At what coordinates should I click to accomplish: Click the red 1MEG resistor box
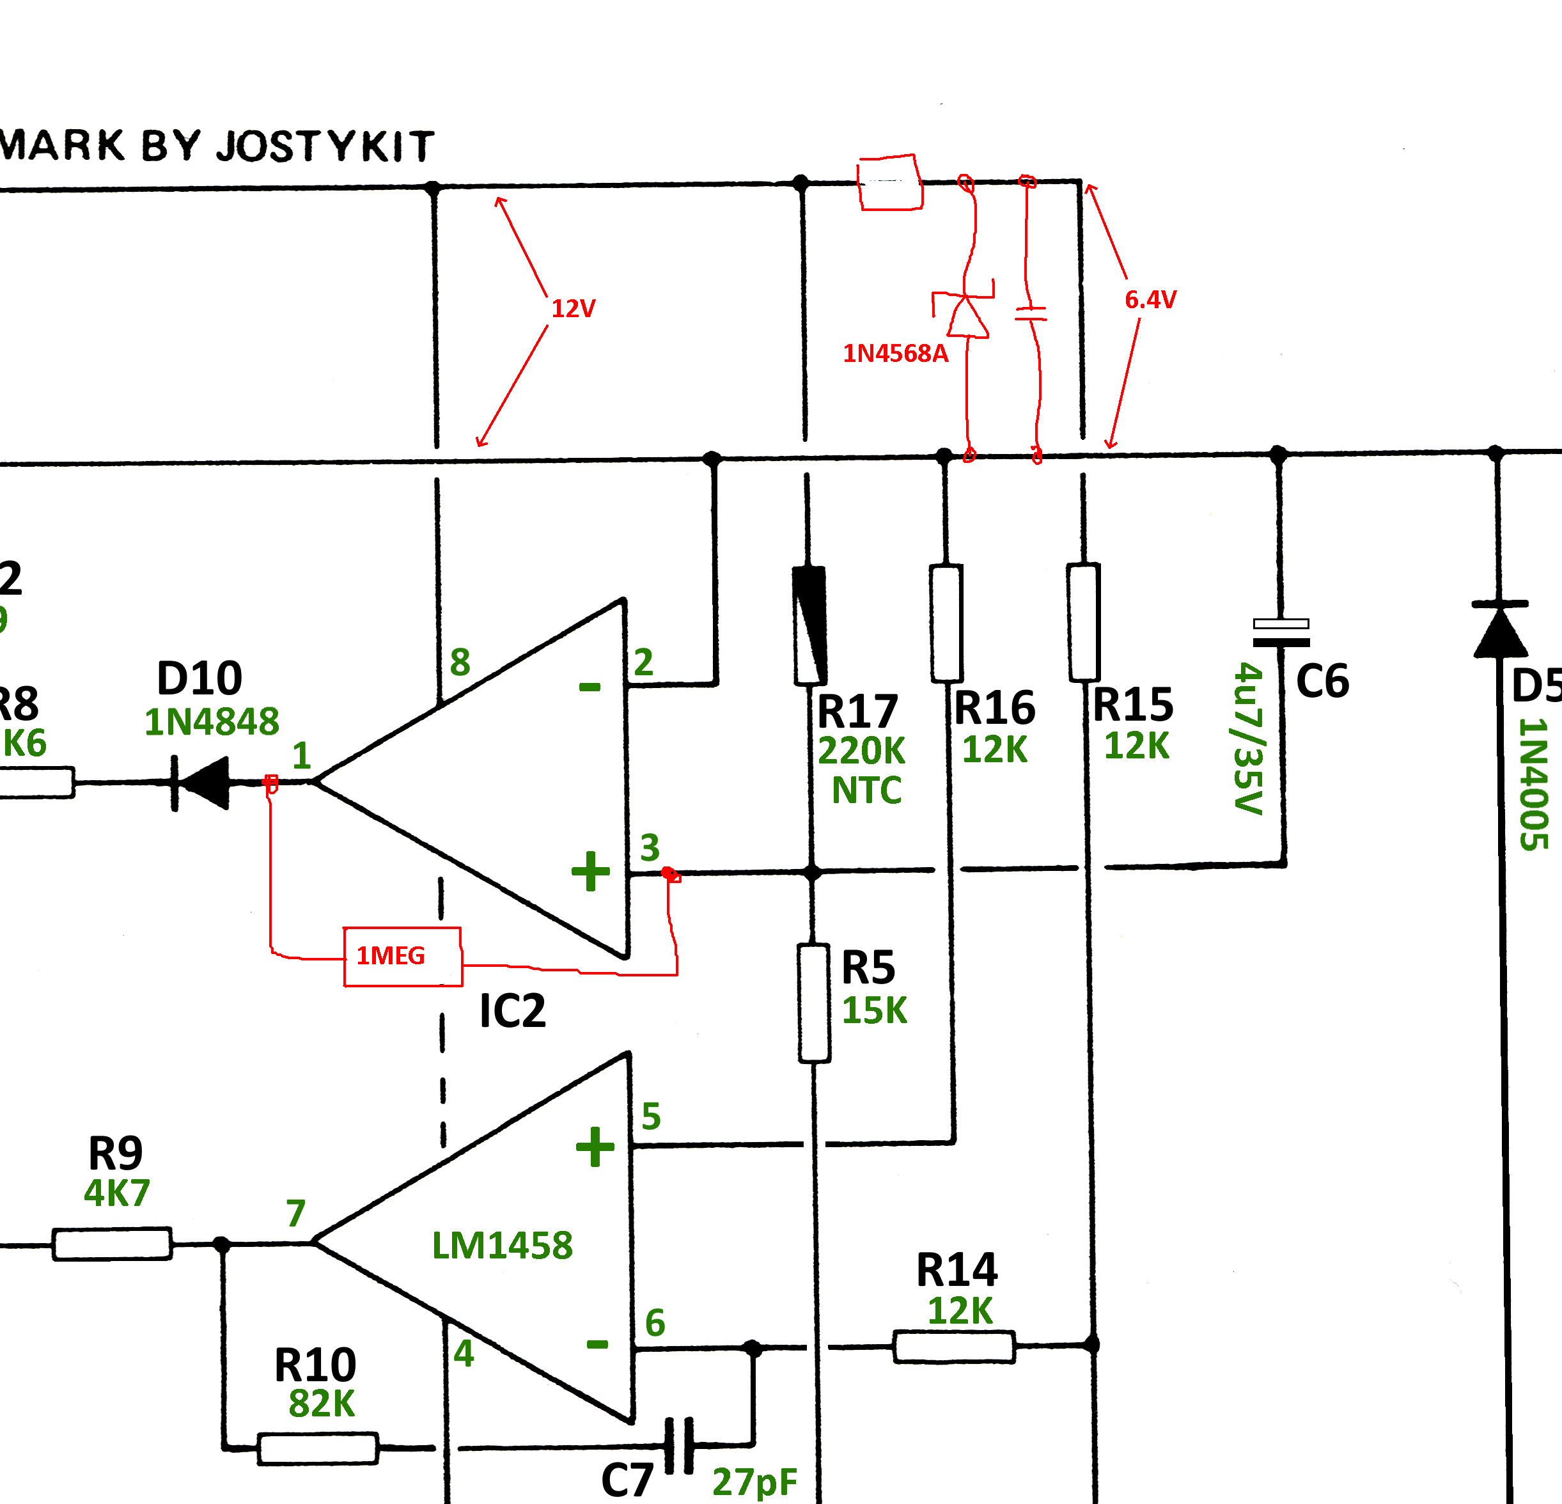tap(402, 957)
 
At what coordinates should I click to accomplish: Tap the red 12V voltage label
tap(573, 308)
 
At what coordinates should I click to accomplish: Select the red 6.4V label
tap(1150, 300)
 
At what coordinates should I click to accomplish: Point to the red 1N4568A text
tap(895, 353)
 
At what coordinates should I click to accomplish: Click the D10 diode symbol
tap(203, 783)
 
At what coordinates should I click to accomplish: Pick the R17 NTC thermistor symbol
tap(809, 625)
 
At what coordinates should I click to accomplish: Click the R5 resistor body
tap(814, 1003)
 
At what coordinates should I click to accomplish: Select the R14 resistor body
tap(953, 1347)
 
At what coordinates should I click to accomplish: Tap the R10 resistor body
tap(317, 1449)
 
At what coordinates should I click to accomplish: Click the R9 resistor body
tap(111, 1243)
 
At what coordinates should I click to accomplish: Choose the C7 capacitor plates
tap(678, 1445)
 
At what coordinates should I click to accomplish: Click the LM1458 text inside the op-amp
tap(502, 1246)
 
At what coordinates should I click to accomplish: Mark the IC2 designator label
tap(512, 1010)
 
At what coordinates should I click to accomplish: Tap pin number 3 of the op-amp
tap(650, 847)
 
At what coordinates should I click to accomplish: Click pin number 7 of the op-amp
tap(295, 1213)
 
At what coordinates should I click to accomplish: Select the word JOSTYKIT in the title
tap(326, 146)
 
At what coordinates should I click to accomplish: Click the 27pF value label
tap(754, 1482)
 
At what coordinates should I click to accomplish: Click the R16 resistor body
tap(946, 623)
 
